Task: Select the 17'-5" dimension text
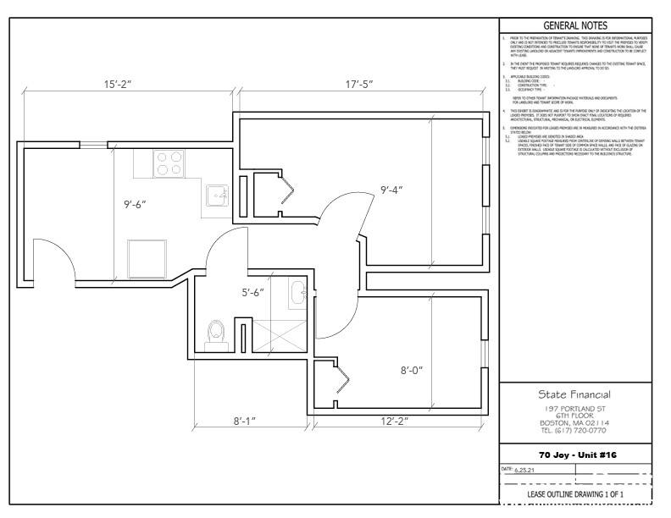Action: (x=364, y=85)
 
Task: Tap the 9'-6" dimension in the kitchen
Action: (x=135, y=204)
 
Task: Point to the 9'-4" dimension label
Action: (x=391, y=189)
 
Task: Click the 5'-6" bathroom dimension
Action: (x=252, y=292)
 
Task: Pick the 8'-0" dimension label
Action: (x=411, y=370)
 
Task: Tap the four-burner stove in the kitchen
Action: (x=169, y=163)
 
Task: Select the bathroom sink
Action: (x=297, y=293)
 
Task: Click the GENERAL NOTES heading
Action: (x=576, y=25)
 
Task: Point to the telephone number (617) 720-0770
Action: (x=575, y=430)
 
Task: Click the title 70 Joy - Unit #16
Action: (x=575, y=455)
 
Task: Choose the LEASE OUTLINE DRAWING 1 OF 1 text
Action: (x=575, y=493)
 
